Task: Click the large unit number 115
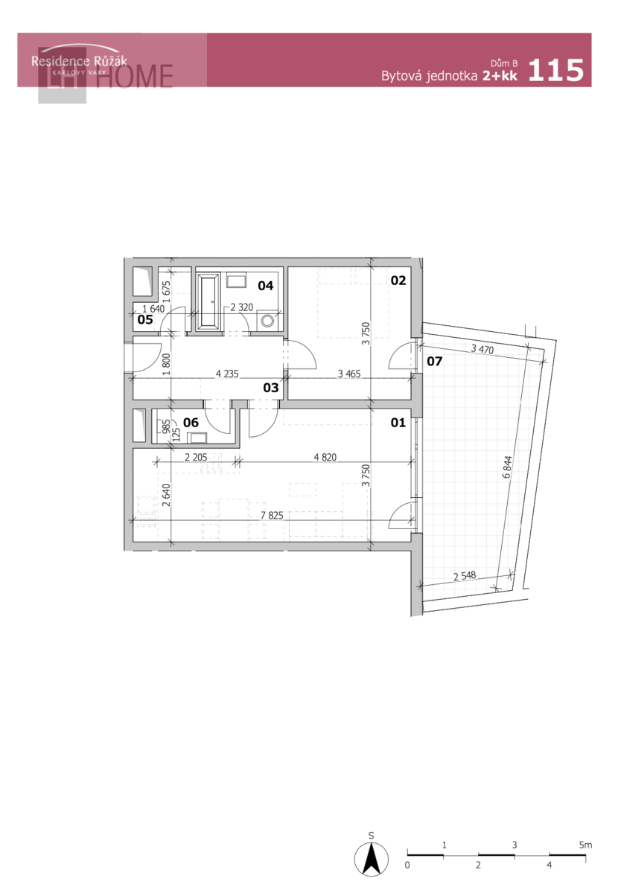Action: (555, 70)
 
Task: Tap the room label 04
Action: (265, 285)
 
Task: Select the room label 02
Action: (398, 281)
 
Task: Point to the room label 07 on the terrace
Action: (434, 361)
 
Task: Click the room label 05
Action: (145, 319)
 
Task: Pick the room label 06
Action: (191, 422)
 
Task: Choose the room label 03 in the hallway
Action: (270, 387)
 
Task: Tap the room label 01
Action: (398, 422)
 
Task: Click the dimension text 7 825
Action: (272, 515)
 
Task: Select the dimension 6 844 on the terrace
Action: (507, 467)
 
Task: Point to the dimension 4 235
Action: (227, 374)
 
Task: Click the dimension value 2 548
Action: (465, 576)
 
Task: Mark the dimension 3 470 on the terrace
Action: (482, 349)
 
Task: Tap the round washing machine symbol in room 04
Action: (267, 320)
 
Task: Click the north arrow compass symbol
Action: (371, 860)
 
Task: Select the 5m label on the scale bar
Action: (585, 845)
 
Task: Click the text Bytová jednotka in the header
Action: (429, 76)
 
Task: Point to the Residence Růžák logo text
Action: (79, 61)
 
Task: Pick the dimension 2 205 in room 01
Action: (196, 457)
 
